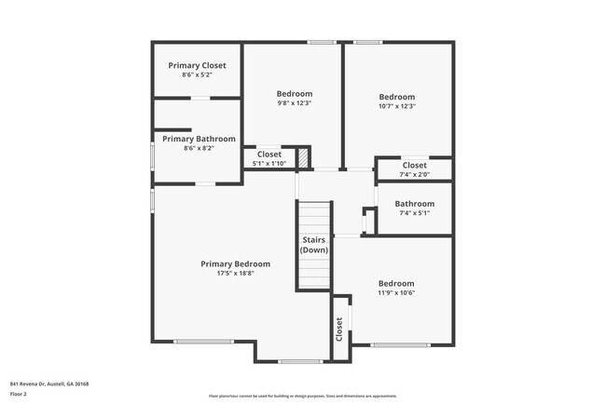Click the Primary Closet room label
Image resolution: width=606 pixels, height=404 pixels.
[x=198, y=65]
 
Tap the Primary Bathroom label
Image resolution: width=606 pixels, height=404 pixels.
[x=199, y=139]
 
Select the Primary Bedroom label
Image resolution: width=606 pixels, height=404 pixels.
[x=241, y=263]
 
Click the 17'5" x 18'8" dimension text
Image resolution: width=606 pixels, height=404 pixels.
[x=241, y=274]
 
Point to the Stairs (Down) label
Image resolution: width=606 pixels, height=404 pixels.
[x=314, y=245]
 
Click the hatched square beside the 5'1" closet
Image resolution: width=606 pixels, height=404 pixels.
[x=302, y=157]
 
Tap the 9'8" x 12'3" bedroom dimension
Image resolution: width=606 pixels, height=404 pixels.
[x=294, y=103]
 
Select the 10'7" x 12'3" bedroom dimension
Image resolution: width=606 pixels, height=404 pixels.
[x=396, y=106]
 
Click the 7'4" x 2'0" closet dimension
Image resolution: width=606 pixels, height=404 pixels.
[x=415, y=174]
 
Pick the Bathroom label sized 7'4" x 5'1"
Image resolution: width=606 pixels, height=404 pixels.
[x=415, y=204]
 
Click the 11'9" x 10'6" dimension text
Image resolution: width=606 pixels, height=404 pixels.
[x=396, y=293]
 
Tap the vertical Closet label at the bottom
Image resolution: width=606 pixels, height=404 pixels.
[x=338, y=330]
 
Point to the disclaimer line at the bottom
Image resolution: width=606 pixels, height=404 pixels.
[x=302, y=396]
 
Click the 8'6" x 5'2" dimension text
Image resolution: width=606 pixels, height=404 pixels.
[x=198, y=74]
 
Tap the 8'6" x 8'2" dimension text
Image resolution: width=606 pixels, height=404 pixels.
[x=199, y=148]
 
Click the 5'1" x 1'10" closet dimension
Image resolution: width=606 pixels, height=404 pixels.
[x=269, y=164]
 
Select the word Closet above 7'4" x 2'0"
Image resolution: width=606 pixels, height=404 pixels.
[x=415, y=165]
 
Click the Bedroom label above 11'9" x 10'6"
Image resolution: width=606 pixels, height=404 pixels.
[x=396, y=283]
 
